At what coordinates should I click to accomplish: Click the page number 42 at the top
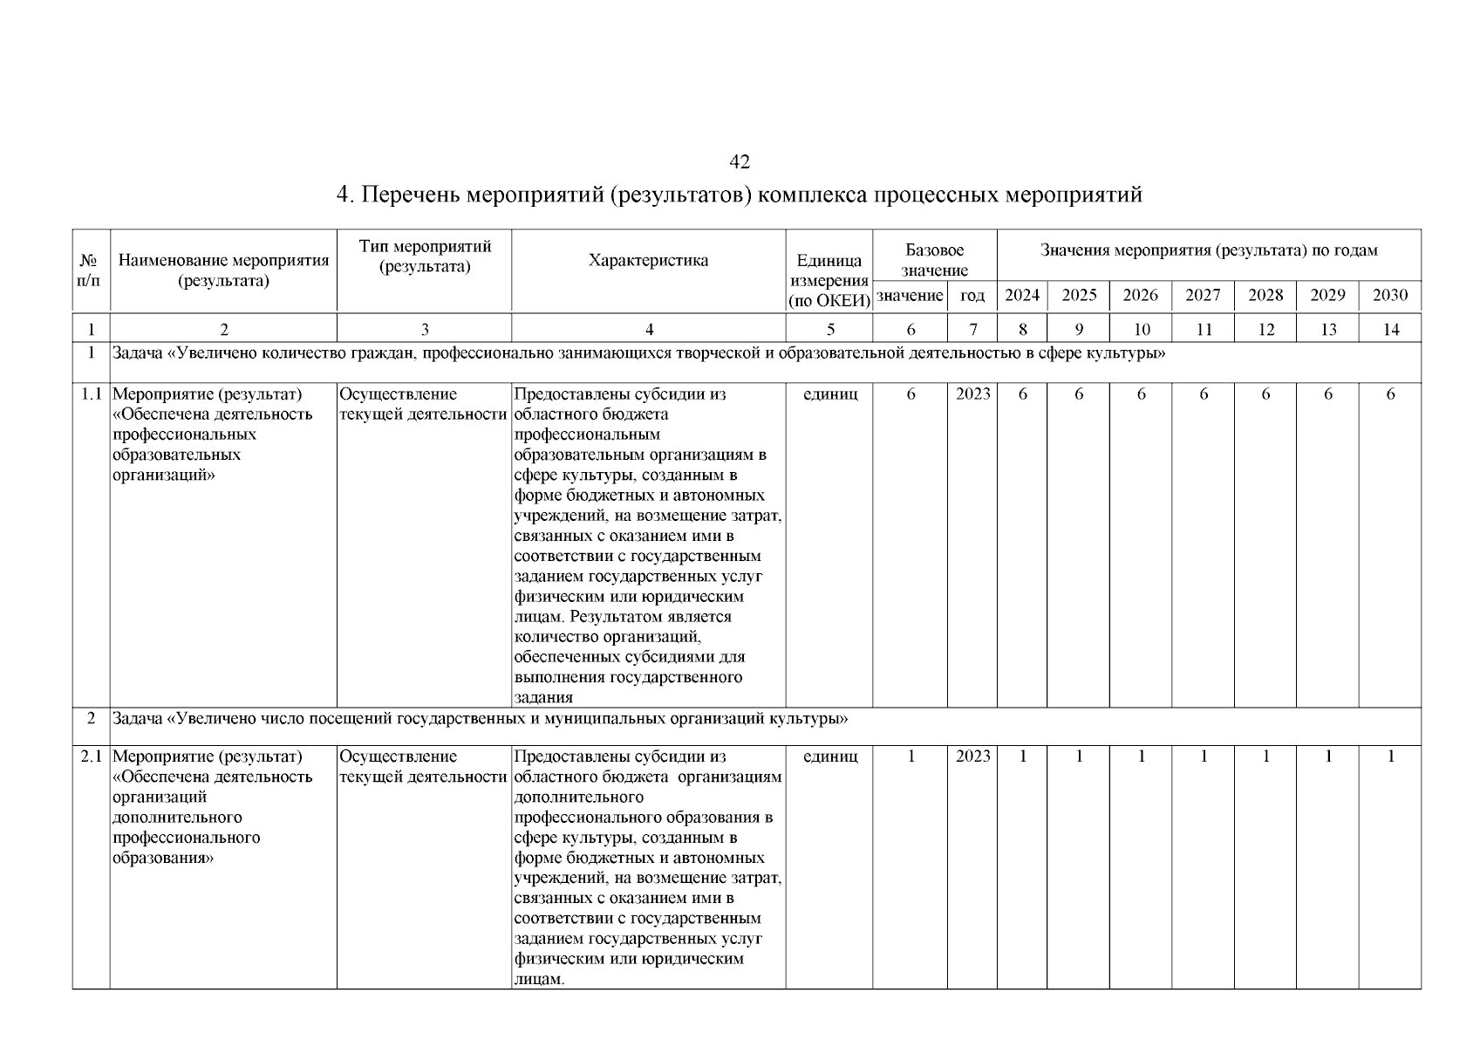pos(739,162)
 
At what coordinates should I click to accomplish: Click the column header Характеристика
pos(648,260)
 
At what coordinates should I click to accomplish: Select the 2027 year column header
pos(1203,295)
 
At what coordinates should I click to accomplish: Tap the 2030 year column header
pos(1390,295)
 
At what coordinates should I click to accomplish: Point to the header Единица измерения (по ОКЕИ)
pos(829,280)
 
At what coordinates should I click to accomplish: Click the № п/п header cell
pos(90,270)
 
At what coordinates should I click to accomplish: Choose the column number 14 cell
pos(1390,329)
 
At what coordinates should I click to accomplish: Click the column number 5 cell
pos(829,329)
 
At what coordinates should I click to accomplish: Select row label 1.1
pos(92,394)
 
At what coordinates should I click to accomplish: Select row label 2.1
pos(92,756)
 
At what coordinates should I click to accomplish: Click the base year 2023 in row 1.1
pos(972,394)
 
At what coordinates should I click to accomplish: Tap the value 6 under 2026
pos(1141,394)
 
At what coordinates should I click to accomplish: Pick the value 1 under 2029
pos(1327,756)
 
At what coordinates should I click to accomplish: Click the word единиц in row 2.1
pos(829,756)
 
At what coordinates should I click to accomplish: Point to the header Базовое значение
pos(934,260)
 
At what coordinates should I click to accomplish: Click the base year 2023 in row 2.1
pos(972,756)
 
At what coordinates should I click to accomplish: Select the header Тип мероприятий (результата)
pos(425,257)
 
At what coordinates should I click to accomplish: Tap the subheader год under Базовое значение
pos(972,296)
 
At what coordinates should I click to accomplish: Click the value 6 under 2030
pos(1390,394)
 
